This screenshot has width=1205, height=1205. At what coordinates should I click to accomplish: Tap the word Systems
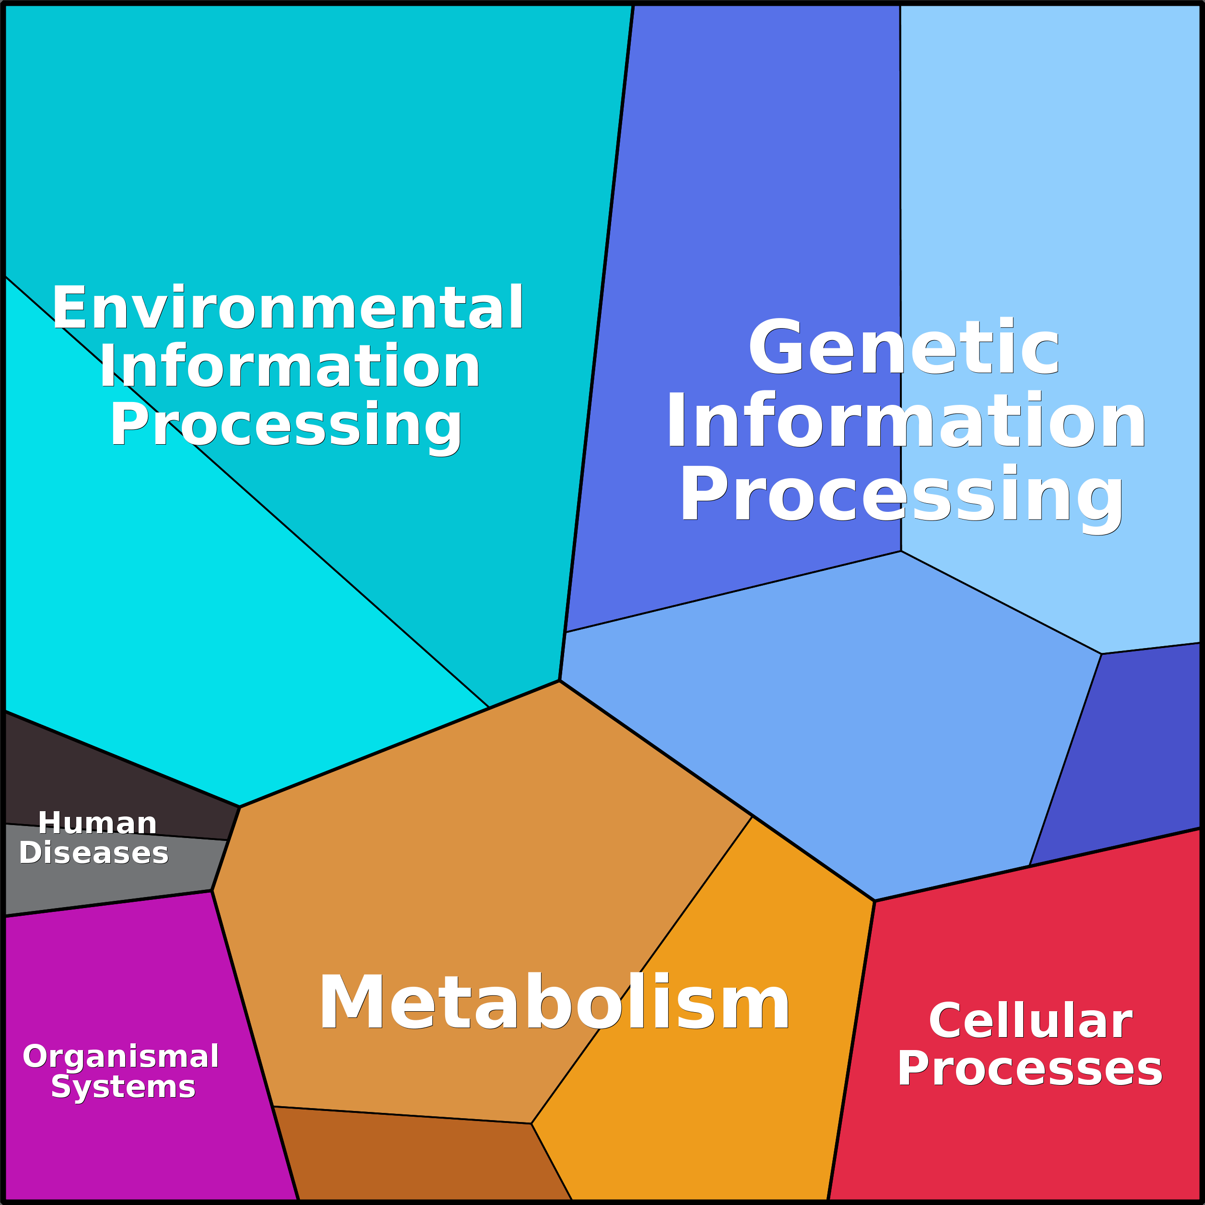(x=123, y=1087)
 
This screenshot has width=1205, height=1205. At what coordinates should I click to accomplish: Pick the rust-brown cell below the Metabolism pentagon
(x=418, y=1160)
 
